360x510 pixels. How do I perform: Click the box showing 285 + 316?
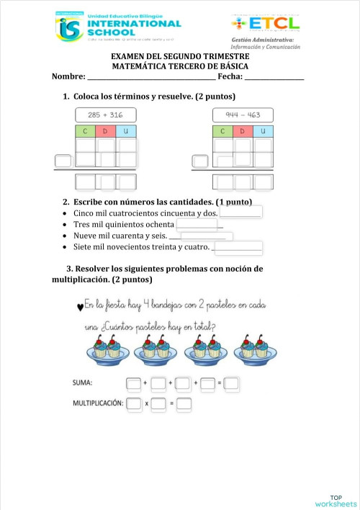pyautogui.click(x=106, y=115)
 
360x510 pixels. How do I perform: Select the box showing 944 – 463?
pyautogui.click(x=243, y=115)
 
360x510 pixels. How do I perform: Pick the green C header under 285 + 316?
pyautogui.click(x=85, y=131)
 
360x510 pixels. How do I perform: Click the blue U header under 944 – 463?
pyautogui.click(x=264, y=131)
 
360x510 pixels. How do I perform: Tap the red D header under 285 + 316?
pyautogui.click(x=105, y=131)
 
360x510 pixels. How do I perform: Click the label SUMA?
pyautogui.click(x=86, y=384)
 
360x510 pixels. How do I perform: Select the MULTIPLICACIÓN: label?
pyautogui.click(x=98, y=403)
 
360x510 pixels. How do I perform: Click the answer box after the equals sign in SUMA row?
pyautogui.click(x=230, y=384)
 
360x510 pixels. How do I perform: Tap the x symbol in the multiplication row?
pyautogui.click(x=147, y=404)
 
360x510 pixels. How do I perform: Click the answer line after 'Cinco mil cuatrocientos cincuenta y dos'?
pyautogui.click(x=240, y=214)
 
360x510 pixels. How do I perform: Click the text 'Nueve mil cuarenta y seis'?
pyautogui.click(x=120, y=236)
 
